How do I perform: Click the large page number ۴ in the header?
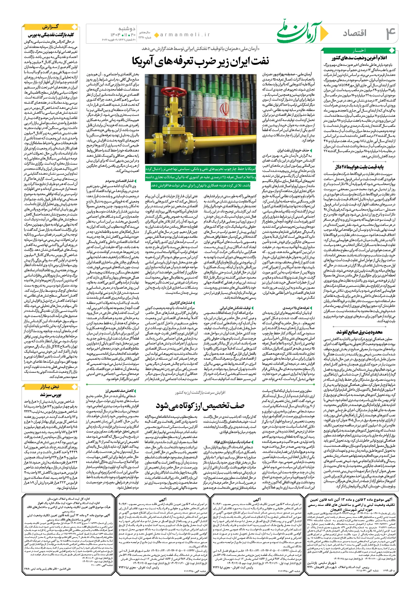(x=390, y=33)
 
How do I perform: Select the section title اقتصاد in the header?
(x=355, y=33)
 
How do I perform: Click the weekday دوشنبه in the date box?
(x=127, y=29)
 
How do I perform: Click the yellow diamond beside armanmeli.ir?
(x=157, y=35)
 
